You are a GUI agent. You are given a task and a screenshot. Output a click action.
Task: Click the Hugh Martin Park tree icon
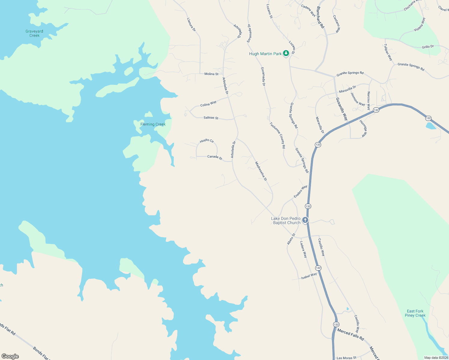point(286,53)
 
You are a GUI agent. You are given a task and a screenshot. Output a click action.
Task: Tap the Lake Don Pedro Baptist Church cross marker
point(305,220)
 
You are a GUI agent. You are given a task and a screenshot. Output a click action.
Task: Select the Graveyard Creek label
point(34,33)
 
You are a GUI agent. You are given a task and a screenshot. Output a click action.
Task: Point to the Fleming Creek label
point(153,124)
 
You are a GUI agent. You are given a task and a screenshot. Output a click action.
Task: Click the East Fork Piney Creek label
point(415,313)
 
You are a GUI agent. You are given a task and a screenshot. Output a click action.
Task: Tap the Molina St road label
point(211,74)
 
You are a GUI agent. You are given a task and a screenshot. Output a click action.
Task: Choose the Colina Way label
point(208,104)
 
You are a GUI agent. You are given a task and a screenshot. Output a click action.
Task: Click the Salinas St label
point(211,118)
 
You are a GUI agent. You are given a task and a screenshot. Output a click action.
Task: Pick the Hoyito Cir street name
point(207,140)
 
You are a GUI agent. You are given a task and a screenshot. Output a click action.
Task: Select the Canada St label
point(215,157)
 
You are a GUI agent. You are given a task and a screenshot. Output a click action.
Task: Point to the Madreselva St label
point(261,171)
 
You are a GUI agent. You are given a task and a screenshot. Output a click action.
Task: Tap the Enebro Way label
point(300,191)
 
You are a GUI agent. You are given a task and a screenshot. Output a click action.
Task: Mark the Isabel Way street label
point(309,276)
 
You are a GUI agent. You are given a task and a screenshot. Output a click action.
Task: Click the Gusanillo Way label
point(342,109)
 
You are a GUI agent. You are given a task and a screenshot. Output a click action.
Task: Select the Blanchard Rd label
point(321,17)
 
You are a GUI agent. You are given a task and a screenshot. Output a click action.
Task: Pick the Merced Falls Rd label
point(350,334)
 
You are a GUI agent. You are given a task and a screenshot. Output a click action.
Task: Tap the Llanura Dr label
point(191,25)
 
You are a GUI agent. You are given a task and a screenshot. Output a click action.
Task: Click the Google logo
point(10,356)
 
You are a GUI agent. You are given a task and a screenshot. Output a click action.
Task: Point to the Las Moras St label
point(346,358)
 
